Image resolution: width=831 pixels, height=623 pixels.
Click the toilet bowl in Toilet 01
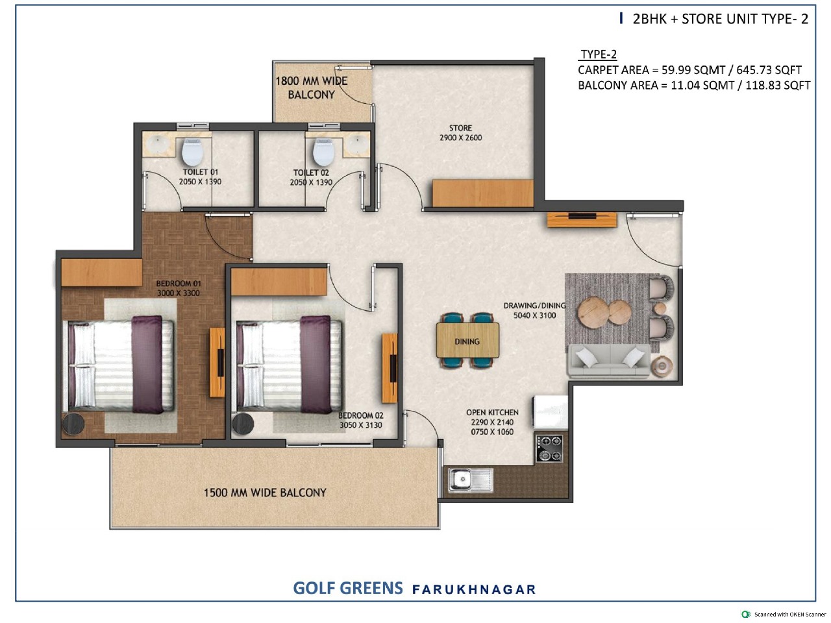click(192, 152)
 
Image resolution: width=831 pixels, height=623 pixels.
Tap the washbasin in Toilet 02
click(356, 145)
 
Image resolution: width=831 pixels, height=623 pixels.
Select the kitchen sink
click(470, 480)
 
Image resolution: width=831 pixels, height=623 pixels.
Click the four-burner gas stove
click(549, 448)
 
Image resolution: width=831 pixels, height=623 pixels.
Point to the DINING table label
click(467, 341)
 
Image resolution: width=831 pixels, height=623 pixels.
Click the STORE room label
click(460, 128)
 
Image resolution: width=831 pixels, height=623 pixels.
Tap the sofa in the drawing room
click(610, 361)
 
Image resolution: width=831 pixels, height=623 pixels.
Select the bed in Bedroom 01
click(120, 366)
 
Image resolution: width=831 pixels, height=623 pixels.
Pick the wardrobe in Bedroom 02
click(279, 282)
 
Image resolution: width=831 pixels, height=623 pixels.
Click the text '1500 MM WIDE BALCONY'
click(265, 493)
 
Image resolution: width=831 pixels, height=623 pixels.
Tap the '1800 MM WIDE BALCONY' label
click(311, 88)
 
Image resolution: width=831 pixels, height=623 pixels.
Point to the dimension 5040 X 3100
click(534, 315)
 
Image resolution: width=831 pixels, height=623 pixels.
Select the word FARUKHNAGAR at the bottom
click(474, 589)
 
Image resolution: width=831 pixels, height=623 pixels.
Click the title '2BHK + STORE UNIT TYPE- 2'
click(720, 19)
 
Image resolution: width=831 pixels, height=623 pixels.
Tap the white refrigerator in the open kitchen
click(551, 412)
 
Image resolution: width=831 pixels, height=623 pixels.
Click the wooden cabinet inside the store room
click(483, 193)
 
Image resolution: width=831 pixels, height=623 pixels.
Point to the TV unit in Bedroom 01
click(217, 362)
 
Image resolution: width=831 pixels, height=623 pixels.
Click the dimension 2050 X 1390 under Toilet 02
click(311, 182)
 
